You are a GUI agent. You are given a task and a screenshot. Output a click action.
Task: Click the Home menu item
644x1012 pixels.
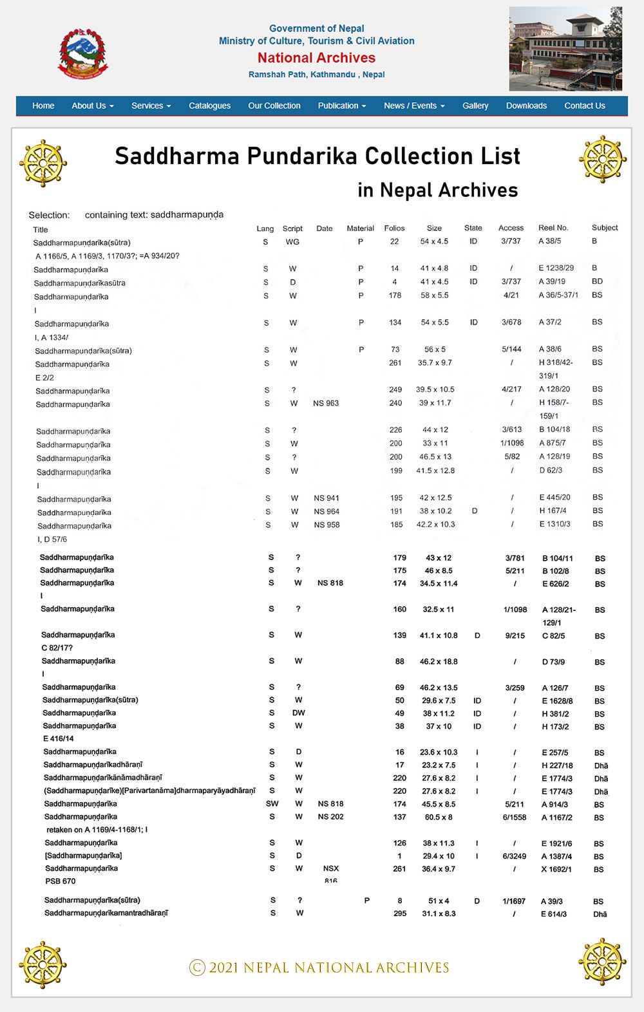(x=43, y=106)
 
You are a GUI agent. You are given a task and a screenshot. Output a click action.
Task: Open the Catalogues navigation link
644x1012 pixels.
(x=209, y=106)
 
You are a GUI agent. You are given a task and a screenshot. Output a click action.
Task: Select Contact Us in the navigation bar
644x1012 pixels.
(x=584, y=106)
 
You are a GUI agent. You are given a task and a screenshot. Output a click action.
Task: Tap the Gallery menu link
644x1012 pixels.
(x=475, y=106)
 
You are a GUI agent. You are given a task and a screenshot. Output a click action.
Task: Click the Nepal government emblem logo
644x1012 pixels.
(x=84, y=53)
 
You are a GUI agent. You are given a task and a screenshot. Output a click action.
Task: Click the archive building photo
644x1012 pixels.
(x=565, y=49)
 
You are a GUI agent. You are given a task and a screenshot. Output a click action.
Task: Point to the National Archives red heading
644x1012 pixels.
(x=316, y=58)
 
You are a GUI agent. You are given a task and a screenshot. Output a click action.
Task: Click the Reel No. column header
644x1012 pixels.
(x=553, y=228)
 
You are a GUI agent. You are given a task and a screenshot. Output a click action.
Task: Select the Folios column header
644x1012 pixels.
(x=394, y=228)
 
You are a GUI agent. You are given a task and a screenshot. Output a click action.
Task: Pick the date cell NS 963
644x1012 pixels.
(x=326, y=404)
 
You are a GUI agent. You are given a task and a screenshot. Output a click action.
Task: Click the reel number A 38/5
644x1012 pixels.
(x=549, y=241)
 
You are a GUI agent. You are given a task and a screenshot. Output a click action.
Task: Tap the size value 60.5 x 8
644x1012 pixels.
(x=439, y=817)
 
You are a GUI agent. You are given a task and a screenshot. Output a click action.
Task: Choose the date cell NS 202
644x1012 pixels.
(x=330, y=817)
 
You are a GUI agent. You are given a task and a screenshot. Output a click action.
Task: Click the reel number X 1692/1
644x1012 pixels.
(x=556, y=869)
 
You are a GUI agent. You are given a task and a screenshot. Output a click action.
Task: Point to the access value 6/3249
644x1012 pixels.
(x=515, y=856)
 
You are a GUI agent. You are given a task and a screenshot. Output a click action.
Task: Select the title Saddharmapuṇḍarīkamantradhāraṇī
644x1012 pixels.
(x=106, y=913)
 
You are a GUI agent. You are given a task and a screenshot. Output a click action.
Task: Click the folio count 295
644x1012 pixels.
(x=400, y=914)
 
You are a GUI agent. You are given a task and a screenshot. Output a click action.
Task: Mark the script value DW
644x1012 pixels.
(x=298, y=713)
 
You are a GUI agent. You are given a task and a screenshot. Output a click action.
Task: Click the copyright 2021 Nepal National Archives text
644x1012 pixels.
(x=319, y=968)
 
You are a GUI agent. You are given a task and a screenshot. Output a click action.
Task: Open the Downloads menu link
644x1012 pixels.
(x=526, y=106)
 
